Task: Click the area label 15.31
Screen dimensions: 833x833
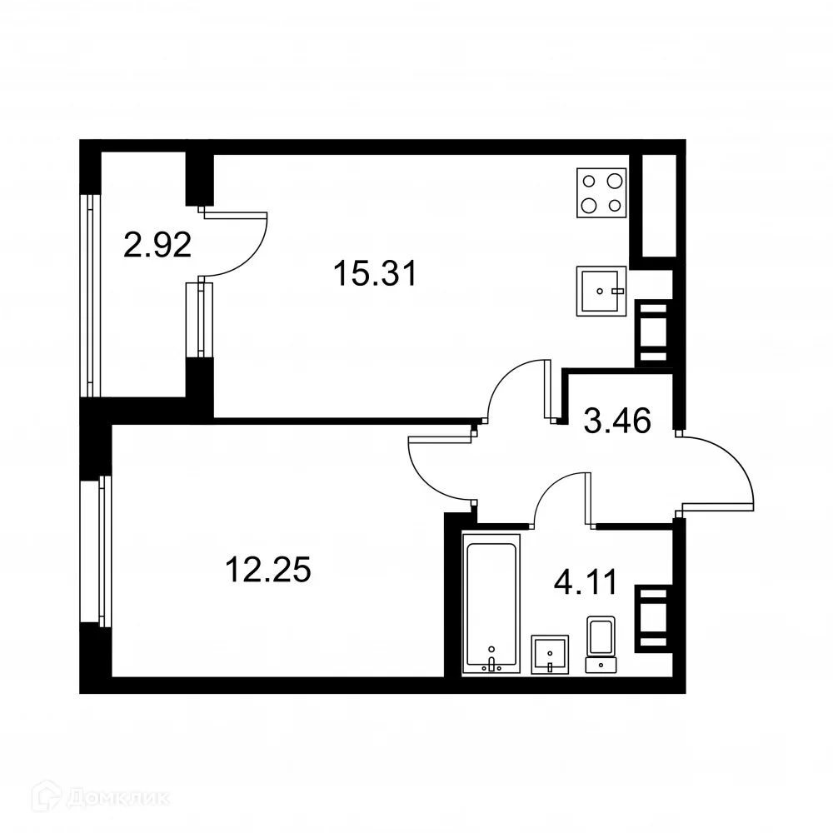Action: tap(374, 273)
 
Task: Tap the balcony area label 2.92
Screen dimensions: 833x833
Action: tap(157, 245)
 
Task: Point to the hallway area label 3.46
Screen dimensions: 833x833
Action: tap(616, 421)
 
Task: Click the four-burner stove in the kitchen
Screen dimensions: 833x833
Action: tap(601, 192)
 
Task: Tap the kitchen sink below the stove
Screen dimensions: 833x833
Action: tap(601, 291)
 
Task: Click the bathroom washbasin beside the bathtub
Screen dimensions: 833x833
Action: tap(550, 653)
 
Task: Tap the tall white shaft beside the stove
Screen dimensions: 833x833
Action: tap(658, 205)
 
